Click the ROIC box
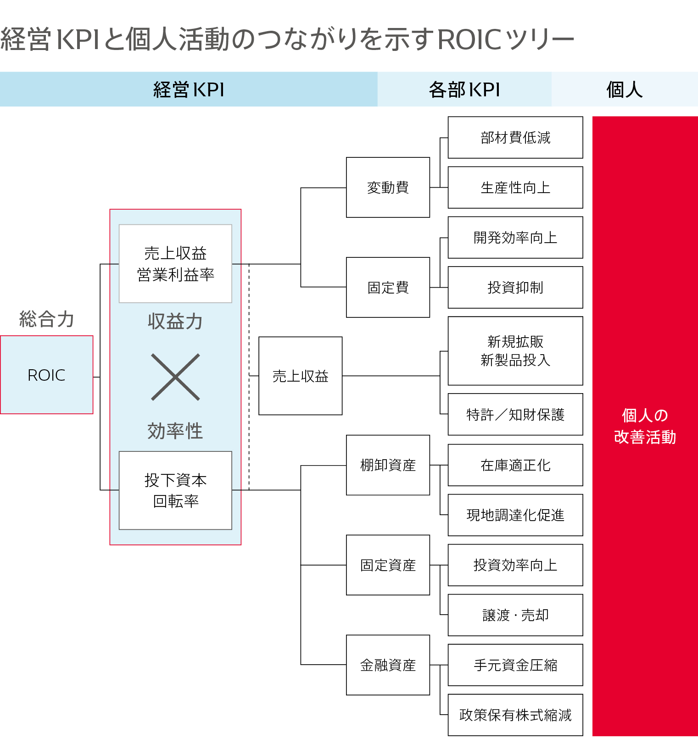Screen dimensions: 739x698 click(46, 375)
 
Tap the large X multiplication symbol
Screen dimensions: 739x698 click(175, 377)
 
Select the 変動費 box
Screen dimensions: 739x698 click(388, 187)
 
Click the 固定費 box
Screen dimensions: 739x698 click(388, 287)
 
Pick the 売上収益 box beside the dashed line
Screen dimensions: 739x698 click(300, 376)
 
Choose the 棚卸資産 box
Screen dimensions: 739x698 click(388, 465)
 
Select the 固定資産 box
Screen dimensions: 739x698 click(388, 565)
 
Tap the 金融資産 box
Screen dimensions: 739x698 click(388, 665)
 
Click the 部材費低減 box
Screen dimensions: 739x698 click(515, 137)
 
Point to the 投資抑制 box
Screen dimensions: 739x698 click(515, 287)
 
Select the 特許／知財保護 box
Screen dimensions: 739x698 click(515, 414)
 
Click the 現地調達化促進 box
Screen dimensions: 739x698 click(515, 515)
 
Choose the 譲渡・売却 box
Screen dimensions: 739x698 click(515, 615)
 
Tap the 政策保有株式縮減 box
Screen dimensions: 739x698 click(515, 715)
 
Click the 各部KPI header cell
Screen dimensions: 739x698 click(464, 89)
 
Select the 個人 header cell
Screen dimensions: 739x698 click(624, 89)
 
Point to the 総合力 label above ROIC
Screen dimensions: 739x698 click(46, 319)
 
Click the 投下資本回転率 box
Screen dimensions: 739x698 click(175, 490)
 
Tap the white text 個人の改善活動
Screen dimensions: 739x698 click(645, 426)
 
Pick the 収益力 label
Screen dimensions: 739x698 click(175, 321)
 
